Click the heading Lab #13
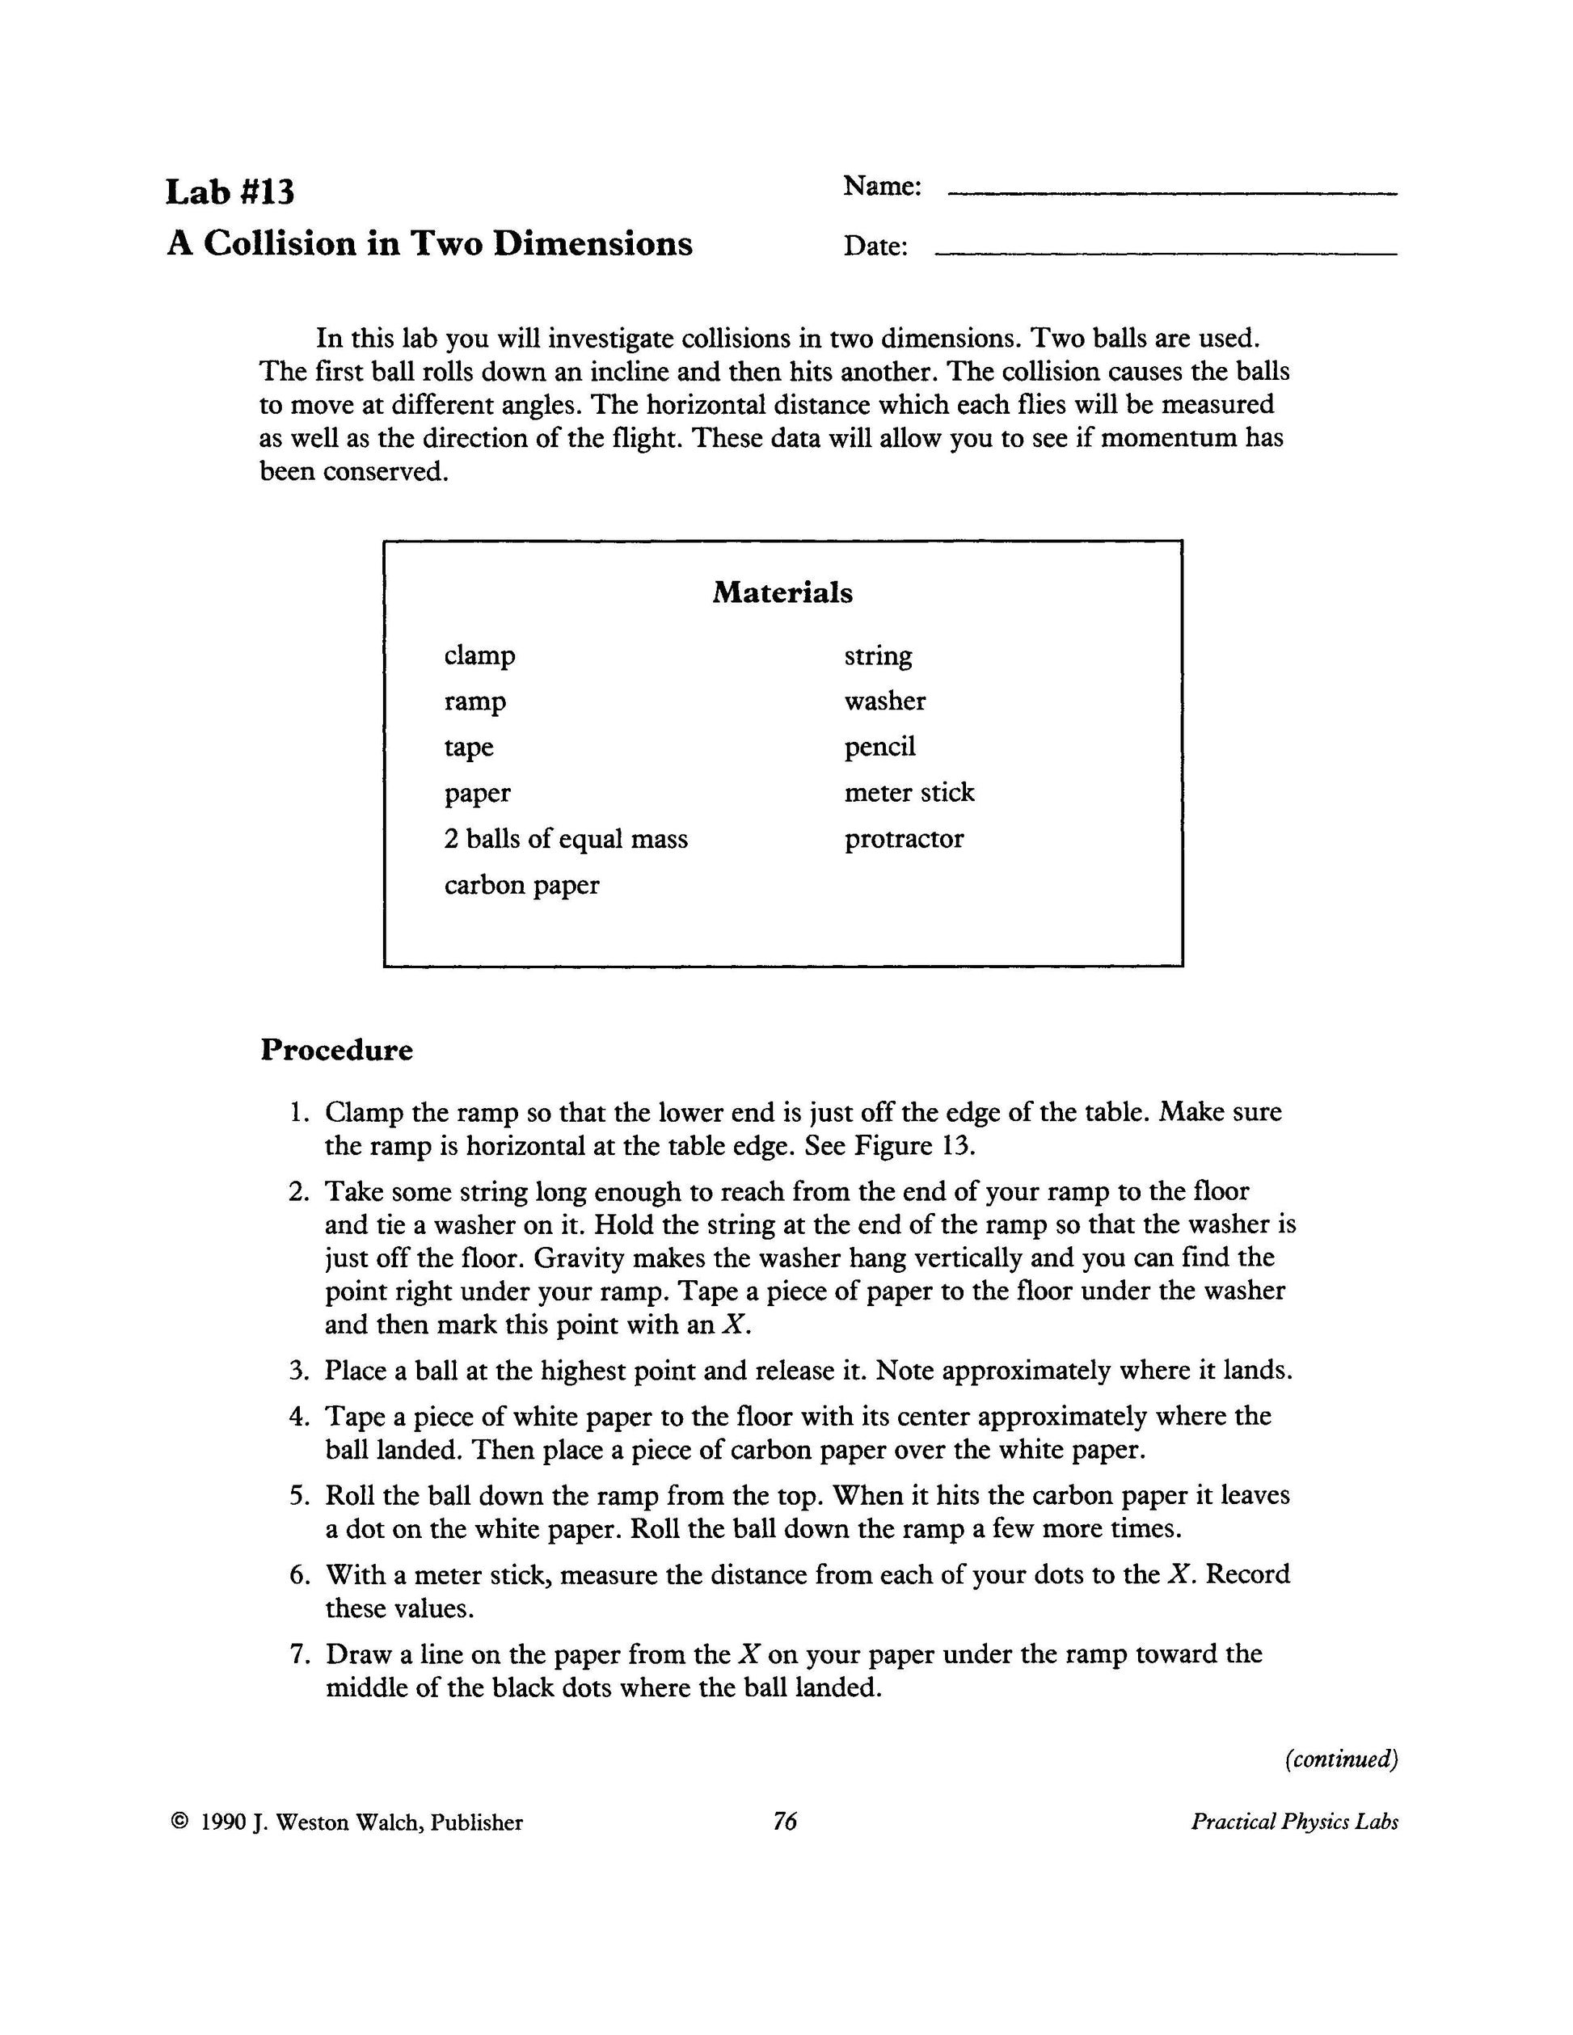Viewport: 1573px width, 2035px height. [230, 192]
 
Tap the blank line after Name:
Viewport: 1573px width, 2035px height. [1171, 192]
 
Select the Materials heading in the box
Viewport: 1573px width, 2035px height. [782, 592]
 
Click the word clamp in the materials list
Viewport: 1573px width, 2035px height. [479, 656]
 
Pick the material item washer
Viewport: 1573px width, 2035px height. [884, 702]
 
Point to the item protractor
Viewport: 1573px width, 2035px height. [904, 840]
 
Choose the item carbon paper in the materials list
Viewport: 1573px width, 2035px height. [521, 885]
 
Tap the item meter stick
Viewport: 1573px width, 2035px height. [909, 793]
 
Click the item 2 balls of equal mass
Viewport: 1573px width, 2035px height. [566, 840]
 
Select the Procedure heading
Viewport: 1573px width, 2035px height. [336, 1050]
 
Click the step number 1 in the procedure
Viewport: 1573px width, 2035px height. [297, 1113]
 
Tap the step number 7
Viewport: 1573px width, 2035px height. [297, 1655]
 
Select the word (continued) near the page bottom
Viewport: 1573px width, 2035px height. [1341, 1759]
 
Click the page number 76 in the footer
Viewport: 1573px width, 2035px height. [785, 1822]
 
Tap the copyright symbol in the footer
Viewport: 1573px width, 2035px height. [179, 1822]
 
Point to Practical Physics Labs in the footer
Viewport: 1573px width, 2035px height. [1293, 1822]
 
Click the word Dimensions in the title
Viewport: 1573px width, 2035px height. [593, 244]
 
